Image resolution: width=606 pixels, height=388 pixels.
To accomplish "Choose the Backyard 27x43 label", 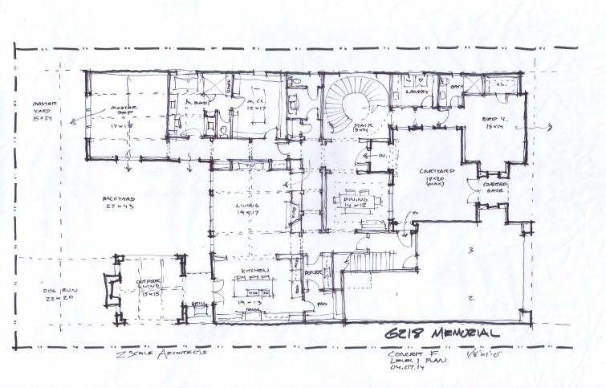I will pyautogui.click(x=118, y=201).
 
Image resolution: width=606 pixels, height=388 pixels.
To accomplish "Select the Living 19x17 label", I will pyautogui.click(x=246, y=210).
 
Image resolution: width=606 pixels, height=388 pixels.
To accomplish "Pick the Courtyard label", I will pyautogui.click(x=437, y=174).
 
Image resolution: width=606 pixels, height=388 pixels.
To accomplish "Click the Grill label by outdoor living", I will pyautogui.click(x=196, y=303).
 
